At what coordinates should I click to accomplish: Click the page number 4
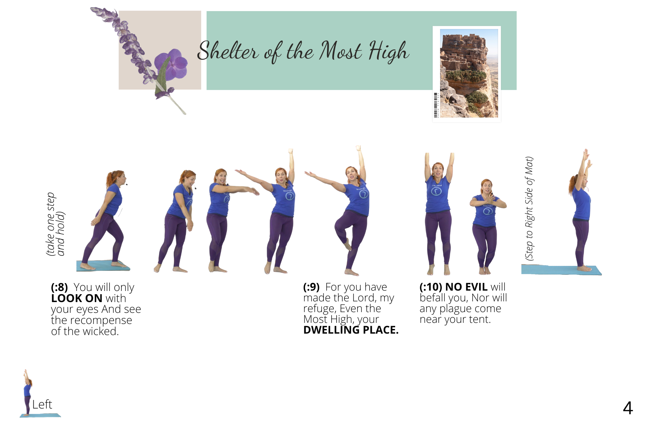(x=628, y=408)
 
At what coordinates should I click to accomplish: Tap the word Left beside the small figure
(x=42, y=405)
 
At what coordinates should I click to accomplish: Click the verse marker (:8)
(x=59, y=287)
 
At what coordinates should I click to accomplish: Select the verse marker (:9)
(x=311, y=287)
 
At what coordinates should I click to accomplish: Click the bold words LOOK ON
(x=77, y=298)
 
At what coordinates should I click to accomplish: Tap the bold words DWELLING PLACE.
(x=351, y=330)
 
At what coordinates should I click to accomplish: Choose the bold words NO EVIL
(x=467, y=287)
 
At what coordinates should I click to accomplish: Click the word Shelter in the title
(x=228, y=51)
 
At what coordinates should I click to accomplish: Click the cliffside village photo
(x=469, y=73)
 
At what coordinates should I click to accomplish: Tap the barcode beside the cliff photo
(x=436, y=105)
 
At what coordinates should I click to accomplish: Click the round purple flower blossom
(x=172, y=64)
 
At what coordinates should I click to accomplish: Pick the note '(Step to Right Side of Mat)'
(x=529, y=209)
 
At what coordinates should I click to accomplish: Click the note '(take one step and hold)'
(x=56, y=224)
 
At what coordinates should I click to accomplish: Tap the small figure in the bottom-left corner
(x=27, y=392)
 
